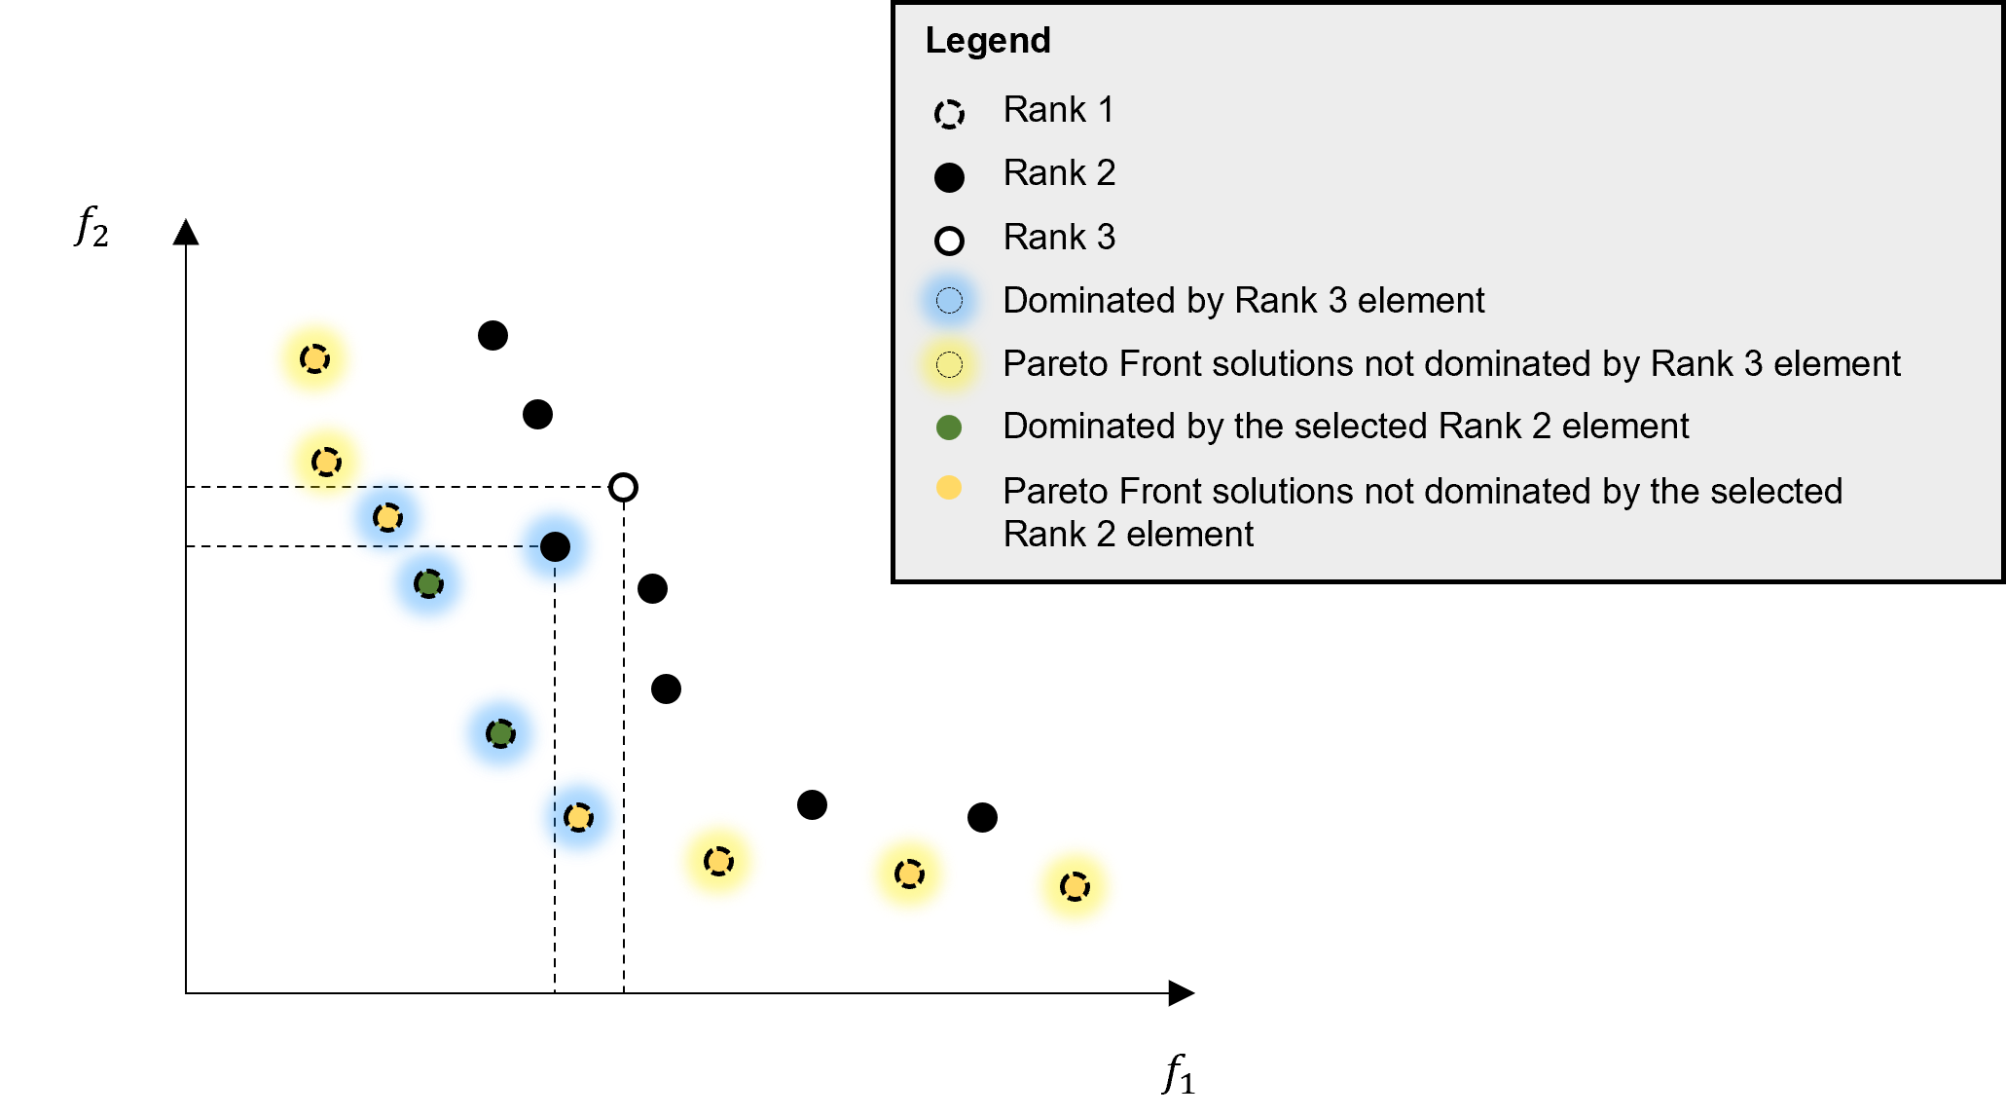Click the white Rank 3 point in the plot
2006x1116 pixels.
[623, 487]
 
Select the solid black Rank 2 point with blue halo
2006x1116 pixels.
[555, 546]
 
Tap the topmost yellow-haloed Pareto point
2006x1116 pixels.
[314, 358]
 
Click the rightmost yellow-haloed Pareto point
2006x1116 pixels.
[1075, 886]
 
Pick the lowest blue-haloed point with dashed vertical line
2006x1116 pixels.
[578, 817]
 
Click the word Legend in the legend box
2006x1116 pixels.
[987, 41]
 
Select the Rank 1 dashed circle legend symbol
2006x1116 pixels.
[949, 114]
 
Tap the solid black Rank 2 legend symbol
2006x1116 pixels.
[949, 177]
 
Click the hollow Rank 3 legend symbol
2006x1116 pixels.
[949, 241]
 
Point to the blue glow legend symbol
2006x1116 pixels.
[949, 301]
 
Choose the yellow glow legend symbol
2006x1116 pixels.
[949, 364]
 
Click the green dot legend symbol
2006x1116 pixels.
[949, 427]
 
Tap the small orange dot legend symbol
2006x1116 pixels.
[949, 488]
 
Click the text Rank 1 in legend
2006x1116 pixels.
[1058, 110]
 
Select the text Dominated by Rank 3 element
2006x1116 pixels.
[1243, 301]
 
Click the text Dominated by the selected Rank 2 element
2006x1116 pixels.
[1345, 427]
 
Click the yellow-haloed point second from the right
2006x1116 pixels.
[909, 874]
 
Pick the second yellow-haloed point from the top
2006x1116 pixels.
[326, 461]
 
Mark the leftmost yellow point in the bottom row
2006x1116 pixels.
[718, 861]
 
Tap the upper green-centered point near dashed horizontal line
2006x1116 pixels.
[428, 583]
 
